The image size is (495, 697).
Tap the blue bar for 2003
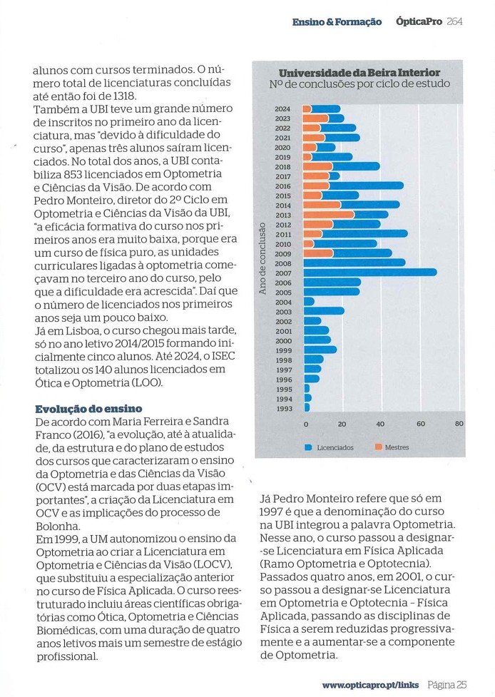coord(324,310)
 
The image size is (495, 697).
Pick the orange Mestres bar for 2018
coord(317,166)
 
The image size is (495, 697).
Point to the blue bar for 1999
coord(320,350)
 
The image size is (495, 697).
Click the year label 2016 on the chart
coord(282,185)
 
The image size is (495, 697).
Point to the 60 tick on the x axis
coord(420,424)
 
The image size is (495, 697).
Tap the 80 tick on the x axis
coord(459,424)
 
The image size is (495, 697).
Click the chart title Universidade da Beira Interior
coord(359,73)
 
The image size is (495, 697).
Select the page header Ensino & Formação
coord(337,21)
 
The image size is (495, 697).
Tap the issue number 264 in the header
coord(454,21)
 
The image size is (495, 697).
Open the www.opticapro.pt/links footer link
coord(371,685)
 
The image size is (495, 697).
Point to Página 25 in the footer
coord(447,685)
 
